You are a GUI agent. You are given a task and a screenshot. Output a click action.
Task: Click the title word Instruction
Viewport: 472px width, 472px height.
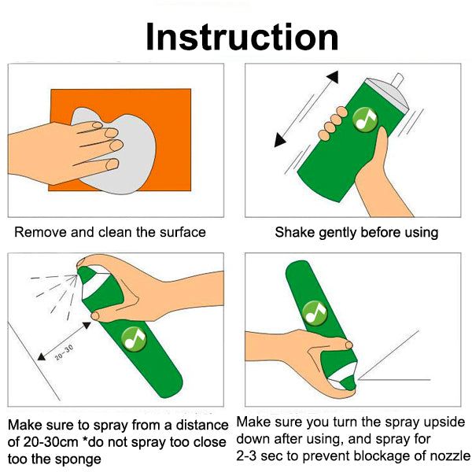242,37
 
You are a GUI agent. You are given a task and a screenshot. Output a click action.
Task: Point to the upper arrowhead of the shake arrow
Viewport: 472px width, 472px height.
333,77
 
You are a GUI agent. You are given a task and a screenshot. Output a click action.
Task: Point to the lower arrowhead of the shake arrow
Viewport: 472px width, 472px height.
279,141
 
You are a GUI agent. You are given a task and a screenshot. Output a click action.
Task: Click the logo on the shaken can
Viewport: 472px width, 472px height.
365,120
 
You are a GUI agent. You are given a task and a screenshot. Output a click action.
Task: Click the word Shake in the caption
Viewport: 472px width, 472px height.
295,232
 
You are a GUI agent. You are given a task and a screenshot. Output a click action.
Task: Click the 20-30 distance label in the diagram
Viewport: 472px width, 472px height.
64,352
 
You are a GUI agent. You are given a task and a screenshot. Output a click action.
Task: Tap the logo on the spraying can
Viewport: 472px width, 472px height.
134,338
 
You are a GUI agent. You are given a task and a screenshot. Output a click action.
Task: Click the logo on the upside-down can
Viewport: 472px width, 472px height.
315,313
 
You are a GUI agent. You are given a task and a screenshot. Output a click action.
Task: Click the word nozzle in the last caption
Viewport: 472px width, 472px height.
449,455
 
